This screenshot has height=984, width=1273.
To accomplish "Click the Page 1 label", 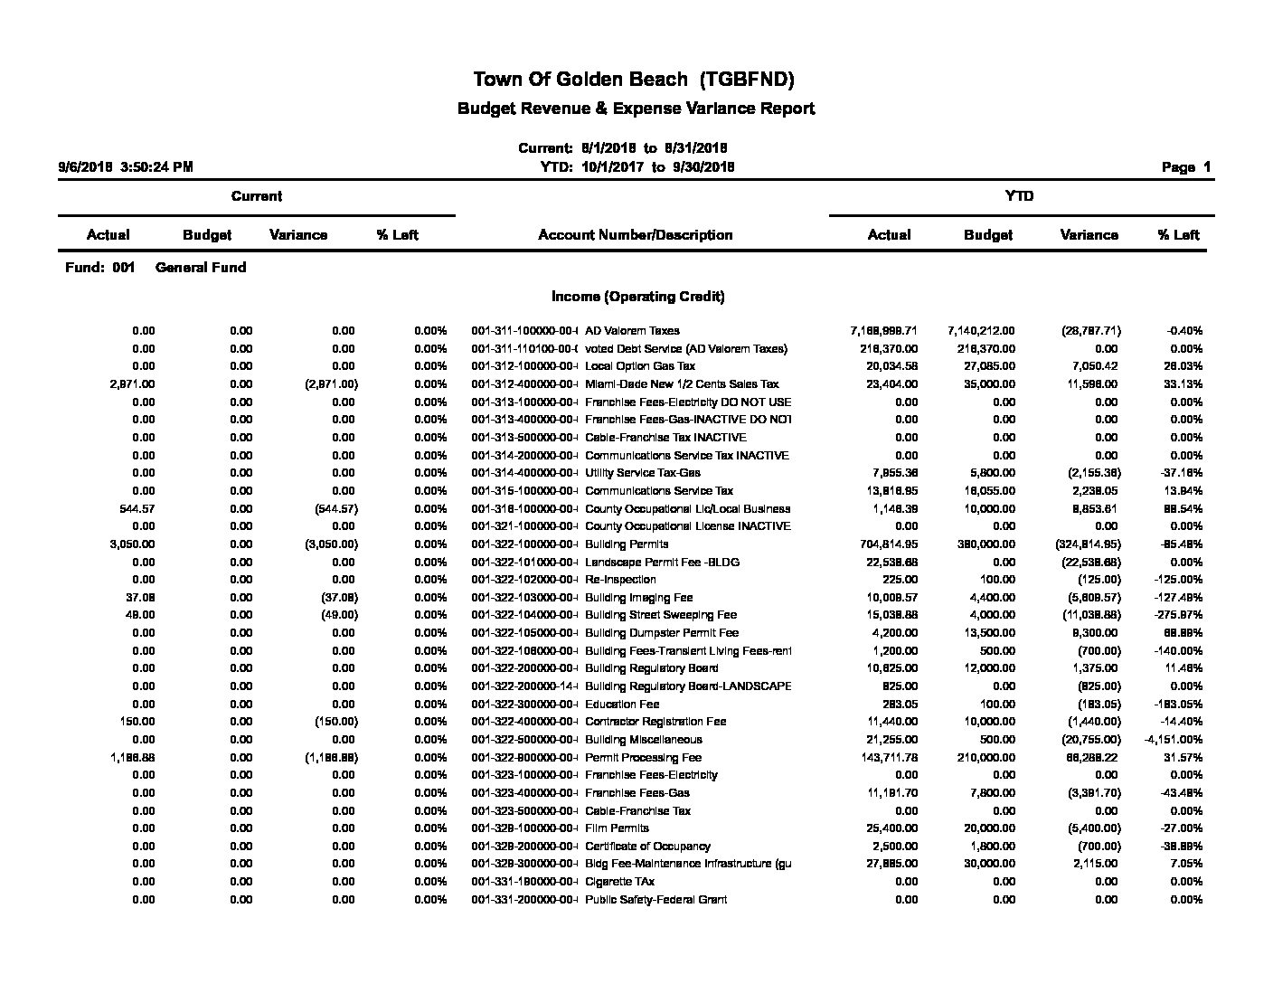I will pyautogui.click(x=1185, y=167).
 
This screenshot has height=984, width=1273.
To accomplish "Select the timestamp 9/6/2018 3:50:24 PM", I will pyautogui.click(x=126, y=167).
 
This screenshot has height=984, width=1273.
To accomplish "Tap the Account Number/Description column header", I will pyautogui.click(x=635, y=235).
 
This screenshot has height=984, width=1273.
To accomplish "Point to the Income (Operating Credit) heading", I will pyautogui.click(x=637, y=297).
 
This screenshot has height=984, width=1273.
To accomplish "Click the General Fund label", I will pyautogui.click(x=201, y=268).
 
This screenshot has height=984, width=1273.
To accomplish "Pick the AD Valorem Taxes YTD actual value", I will pyautogui.click(x=883, y=331).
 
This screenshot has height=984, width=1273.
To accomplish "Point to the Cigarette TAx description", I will pyautogui.click(x=619, y=882).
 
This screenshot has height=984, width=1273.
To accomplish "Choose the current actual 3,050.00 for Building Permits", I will pyautogui.click(x=132, y=544).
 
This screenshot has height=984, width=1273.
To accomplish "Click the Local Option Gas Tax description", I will pyautogui.click(x=640, y=366).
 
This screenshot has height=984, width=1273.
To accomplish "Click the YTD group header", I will pyautogui.click(x=1019, y=196).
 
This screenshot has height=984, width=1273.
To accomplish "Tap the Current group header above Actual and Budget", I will pyautogui.click(x=257, y=196).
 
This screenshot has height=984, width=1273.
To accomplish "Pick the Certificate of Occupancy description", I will pyautogui.click(x=647, y=847).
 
